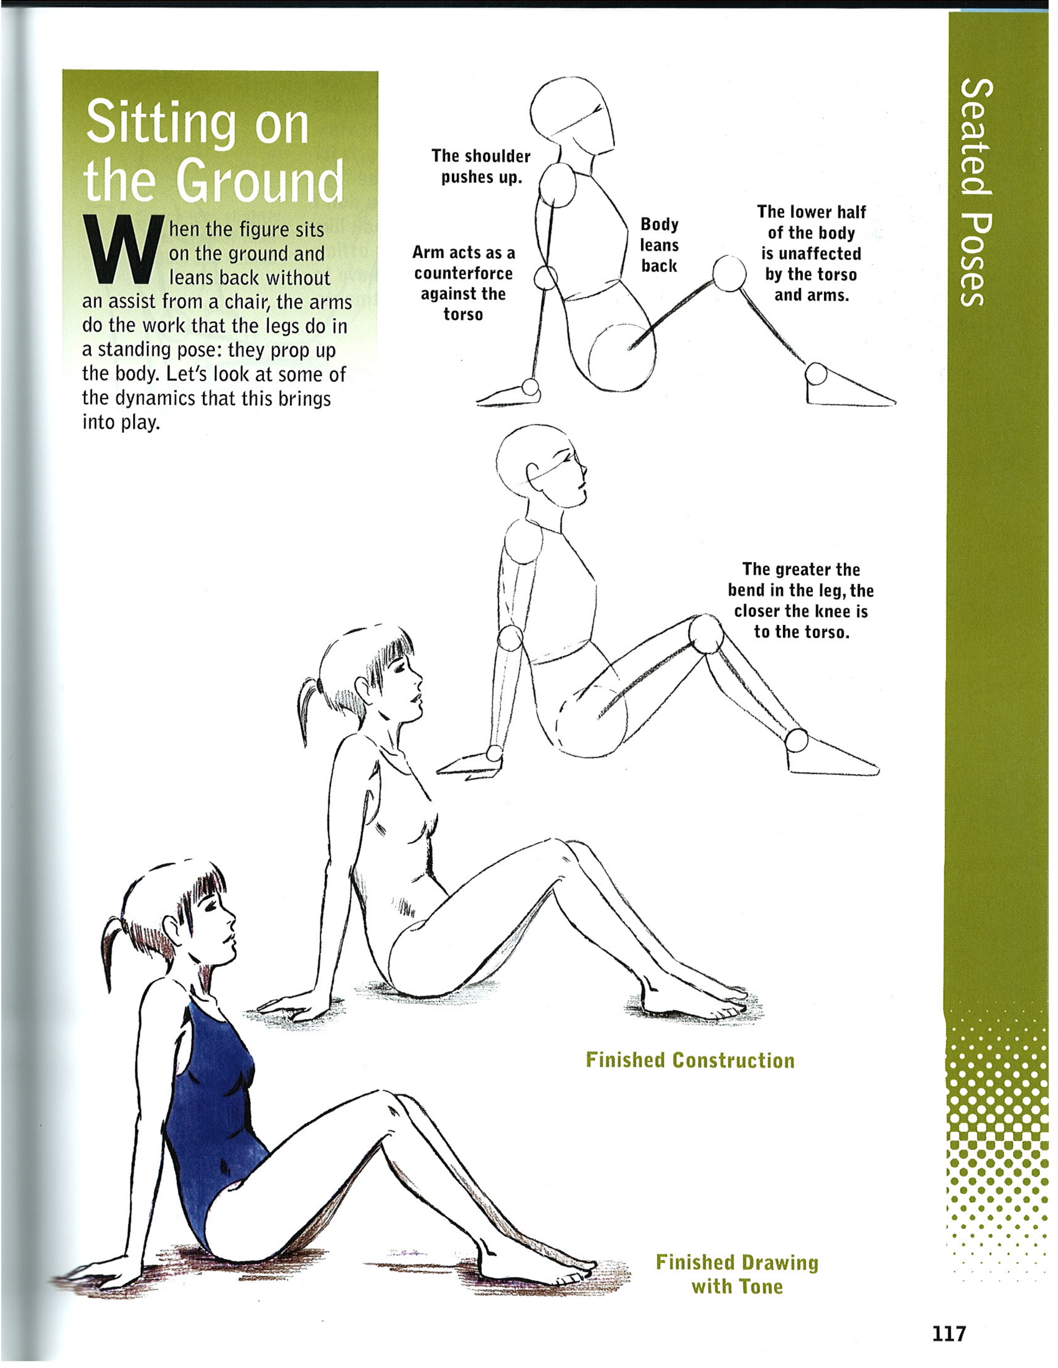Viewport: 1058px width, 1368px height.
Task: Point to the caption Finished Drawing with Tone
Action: coord(737,1274)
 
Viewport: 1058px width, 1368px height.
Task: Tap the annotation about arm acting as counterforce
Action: coord(463,283)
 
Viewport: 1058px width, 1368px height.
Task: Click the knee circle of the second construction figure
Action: coord(707,633)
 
